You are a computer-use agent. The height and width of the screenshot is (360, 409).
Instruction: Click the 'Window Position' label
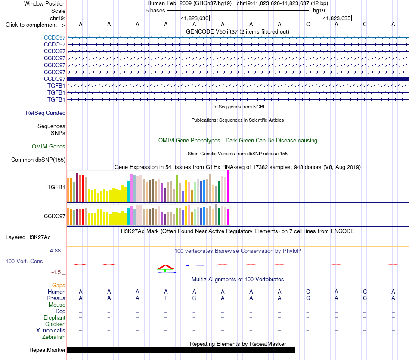[x=45, y=3]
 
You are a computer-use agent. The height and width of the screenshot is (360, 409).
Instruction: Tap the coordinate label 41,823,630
[x=195, y=18]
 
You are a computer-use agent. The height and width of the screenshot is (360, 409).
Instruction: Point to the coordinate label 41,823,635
[x=337, y=18]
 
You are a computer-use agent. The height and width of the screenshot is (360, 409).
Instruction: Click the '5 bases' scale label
[x=155, y=11]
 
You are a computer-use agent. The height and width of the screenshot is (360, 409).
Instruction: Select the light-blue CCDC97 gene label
[x=55, y=37]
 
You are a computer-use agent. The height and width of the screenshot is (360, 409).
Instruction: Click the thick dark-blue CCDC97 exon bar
[x=238, y=79]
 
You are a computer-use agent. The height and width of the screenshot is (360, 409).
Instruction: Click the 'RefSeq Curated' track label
[x=46, y=113]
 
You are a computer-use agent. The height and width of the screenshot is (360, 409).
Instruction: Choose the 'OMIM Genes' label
[x=49, y=147]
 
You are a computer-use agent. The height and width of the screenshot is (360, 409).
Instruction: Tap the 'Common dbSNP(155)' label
[x=38, y=160]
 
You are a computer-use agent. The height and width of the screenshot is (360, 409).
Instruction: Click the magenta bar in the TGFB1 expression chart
[x=228, y=186]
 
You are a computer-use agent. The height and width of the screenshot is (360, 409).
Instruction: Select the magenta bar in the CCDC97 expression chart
[x=228, y=217]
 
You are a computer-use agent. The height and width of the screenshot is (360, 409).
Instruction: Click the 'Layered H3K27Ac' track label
[x=28, y=237]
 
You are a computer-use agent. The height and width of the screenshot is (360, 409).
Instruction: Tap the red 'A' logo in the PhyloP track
[x=165, y=267]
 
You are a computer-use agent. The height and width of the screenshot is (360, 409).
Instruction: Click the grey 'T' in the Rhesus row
[x=166, y=298]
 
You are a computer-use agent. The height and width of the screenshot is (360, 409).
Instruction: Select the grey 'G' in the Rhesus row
[x=194, y=298]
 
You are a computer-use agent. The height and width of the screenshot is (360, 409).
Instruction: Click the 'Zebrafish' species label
[x=54, y=337]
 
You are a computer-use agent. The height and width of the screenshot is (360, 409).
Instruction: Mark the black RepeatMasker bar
[x=181, y=350]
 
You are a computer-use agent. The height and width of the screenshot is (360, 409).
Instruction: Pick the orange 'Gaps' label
[x=59, y=286]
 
